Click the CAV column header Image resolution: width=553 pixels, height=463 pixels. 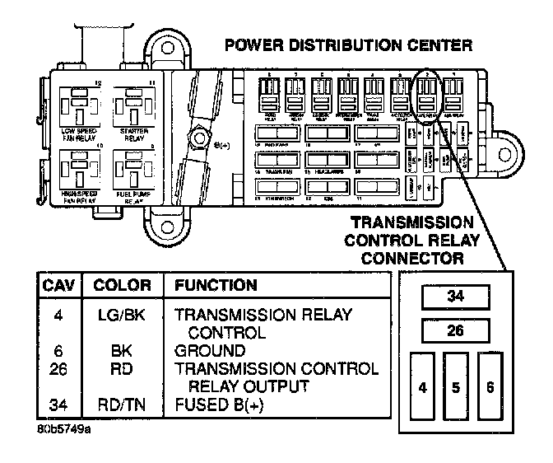pos(58,286)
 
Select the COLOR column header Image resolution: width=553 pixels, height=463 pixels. pos(122,286)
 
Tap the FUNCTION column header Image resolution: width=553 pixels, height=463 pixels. pos(213,286)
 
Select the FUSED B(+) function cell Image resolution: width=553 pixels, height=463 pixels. pos(215,405)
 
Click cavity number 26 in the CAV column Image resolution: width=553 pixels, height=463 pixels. pos(58,368)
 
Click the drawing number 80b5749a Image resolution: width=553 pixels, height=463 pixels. pos(64,429)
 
